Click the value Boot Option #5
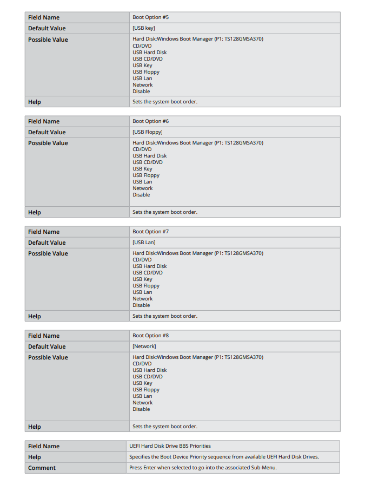point(150,17)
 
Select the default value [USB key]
point(144,28)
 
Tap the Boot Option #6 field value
point(150,121)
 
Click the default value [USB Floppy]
point(147,132)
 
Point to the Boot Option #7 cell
point(150,232)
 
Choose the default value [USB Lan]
point(144,243)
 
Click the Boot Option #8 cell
point(150,336)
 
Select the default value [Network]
point(144,346)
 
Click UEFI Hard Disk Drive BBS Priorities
point(170,446)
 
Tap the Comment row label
point(42,468)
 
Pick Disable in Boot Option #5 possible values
point(141,91)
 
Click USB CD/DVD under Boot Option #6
point(147,162)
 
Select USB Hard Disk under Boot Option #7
point(149,266)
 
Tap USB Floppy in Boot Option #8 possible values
point(146,390)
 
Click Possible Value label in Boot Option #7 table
point(48,253)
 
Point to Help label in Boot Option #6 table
point(34,212)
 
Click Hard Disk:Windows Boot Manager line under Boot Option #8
point(197,357)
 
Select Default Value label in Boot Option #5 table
point(47,28)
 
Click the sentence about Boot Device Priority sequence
point(224,457)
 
